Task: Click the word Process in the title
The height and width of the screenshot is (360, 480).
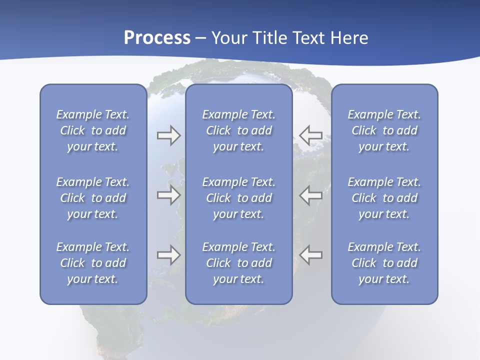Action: coord(157,38)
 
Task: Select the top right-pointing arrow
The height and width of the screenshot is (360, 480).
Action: coord(168,135)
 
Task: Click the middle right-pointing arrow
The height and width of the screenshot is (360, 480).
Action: coord(168,195)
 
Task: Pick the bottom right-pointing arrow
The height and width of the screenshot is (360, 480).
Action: coord(168,255)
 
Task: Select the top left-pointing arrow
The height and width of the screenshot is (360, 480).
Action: coord(310,135)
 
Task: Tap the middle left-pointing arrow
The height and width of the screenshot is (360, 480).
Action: coord(310,195)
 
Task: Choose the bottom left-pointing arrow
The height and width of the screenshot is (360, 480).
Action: coord(310,255)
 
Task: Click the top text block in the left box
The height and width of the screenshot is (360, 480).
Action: coord(93,130)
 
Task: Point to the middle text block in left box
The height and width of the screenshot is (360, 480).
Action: coord(93,198)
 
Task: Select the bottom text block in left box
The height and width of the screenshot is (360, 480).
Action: coord(93,263)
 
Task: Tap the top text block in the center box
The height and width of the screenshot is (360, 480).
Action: coord(239,130)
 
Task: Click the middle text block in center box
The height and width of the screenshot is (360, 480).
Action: coord(239,198)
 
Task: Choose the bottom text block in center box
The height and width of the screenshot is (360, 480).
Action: coord(239,263)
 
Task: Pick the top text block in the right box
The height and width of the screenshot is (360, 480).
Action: coord(384,130)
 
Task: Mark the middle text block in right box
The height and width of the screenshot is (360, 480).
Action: coord(384,198)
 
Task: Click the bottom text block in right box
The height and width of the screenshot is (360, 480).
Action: coord(384,263)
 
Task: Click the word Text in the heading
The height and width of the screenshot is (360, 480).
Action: coord(307,38)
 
